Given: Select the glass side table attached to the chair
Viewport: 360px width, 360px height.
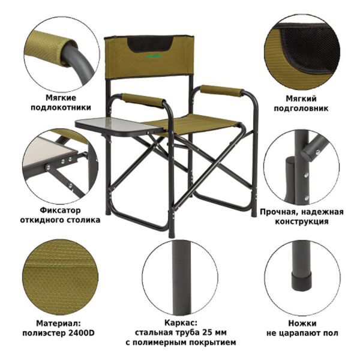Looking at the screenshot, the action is pyautogui.click(x=117, y=127).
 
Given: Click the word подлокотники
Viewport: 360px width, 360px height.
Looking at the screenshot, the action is pyautogui.click(x=61, y=107).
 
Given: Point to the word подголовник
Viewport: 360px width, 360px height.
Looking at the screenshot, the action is pyautogui.click(x=301, y=109).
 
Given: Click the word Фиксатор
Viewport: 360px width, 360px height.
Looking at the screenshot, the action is pyautogui.click(x=61, y=210).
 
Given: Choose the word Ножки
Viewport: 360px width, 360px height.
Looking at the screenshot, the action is pyautogui.click(x=302, y=323).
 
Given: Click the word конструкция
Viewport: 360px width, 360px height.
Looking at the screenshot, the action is pyautogui.click(x=302, y=221).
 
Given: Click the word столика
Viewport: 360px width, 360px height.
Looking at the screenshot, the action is pyautogui.click(x=83, y=220).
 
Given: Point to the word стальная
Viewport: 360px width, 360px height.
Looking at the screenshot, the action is pyautogui.click(x=152, y=332).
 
